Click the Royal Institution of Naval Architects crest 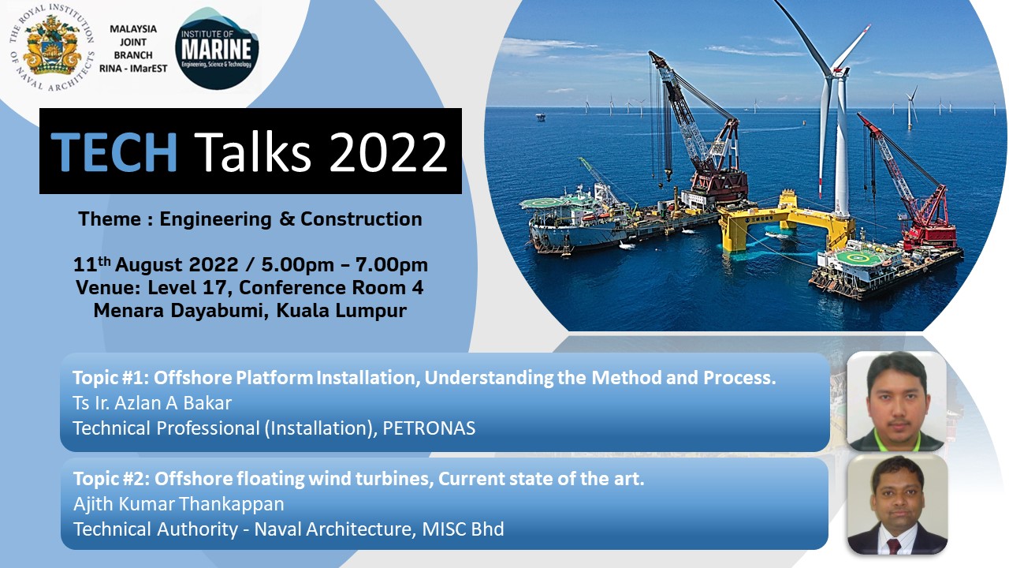click(x=51, y=47)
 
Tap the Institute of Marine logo click(x=217, y=48)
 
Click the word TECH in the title click(x=114, y=151)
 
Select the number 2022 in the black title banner click(x=389, y=152)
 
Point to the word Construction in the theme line click(x=361, y=219)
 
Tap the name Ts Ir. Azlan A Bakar click(x=152, y=403)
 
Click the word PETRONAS click(x=429, y=428)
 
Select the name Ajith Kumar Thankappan click(x=179, y=504)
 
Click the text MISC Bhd click(x=463, y=529)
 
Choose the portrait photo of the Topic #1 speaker click(x=896, y=402)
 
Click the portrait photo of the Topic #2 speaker click(x=897, y=505)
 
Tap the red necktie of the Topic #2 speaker click(x=894, y=546)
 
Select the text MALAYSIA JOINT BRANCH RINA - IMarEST click(x=133, y=49)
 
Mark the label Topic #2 click(x=111, y=479)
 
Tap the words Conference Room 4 click(x=331, y=288)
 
